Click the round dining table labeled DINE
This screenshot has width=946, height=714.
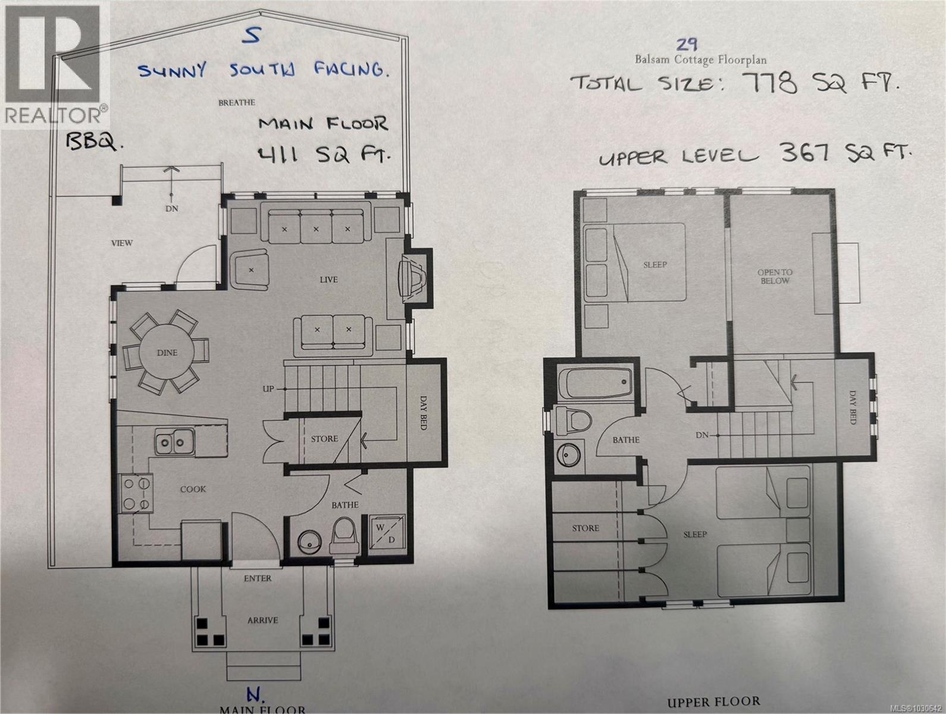167,352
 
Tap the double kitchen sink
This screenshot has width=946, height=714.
174,442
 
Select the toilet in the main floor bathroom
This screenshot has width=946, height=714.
344,531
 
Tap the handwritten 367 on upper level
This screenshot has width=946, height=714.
806,154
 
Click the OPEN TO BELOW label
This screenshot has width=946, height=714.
774,277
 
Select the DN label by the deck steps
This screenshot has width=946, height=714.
172,208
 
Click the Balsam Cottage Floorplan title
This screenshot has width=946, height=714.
700,60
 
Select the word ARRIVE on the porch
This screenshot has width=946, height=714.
262,620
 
